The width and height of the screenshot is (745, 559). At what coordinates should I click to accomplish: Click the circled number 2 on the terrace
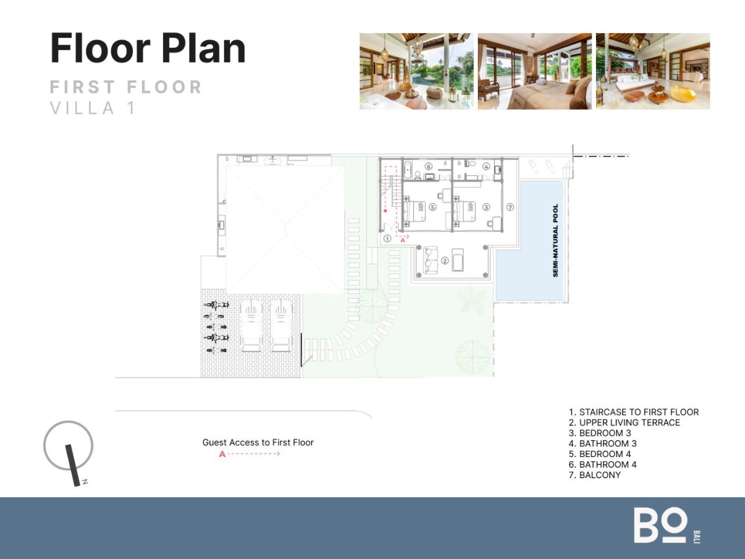445,261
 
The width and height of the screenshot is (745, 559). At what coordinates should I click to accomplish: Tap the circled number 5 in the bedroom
432,207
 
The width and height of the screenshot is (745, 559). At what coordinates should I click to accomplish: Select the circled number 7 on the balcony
510,207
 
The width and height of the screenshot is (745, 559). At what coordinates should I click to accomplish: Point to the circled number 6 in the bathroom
429,167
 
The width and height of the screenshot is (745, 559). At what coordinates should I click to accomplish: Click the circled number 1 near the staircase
387,239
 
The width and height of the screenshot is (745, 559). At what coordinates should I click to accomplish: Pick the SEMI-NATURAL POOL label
555,240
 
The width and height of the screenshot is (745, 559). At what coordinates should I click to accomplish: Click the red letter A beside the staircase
403,240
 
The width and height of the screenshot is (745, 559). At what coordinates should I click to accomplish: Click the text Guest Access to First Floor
258,442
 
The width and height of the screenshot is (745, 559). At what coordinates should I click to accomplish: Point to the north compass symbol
68,453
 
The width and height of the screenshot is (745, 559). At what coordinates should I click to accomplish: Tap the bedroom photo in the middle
534,71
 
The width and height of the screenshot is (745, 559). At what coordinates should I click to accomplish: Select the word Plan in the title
203,48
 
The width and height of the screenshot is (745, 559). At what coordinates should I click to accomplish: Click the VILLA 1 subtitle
93,108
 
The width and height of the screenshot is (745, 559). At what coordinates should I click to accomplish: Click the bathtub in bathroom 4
407,170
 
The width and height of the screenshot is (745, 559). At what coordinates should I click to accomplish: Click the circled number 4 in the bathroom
486,167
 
